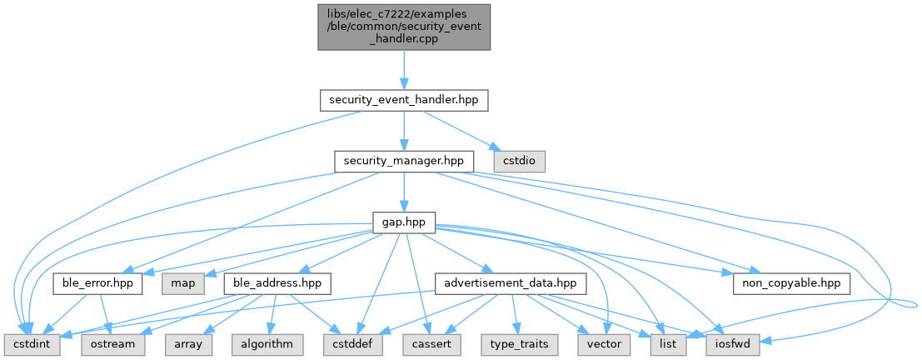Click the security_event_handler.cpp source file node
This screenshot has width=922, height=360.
[x=404, y=27]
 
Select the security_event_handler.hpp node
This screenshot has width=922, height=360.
[x=404, y=100]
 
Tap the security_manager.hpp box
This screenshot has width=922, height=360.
[x=404, y=159]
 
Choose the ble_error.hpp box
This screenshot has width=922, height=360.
[x=97, y=284]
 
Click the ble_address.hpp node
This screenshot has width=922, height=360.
[x=277, y=284]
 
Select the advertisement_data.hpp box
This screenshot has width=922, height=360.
[x=510, y=284]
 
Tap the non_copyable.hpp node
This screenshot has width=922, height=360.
[x=791, y=284]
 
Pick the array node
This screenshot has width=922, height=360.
[x=189, y=342]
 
